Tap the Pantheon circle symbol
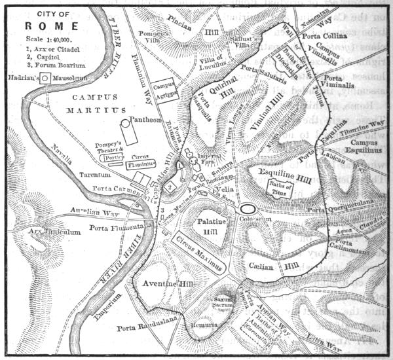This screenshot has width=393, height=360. click(125, 122)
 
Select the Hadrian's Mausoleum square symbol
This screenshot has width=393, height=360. click(45, 78)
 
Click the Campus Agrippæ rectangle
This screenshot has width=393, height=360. click(163, 89)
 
